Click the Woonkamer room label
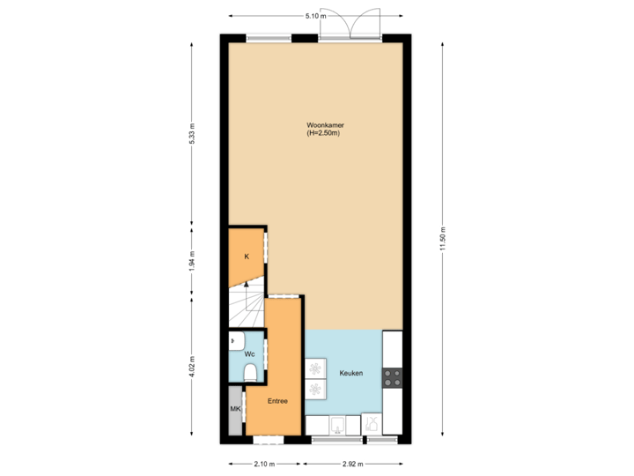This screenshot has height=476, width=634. pos(320,125)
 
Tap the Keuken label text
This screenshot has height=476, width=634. pos(351,374)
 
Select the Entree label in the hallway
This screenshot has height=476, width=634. pos(277,401)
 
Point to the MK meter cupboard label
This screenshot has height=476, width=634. pos(235,410)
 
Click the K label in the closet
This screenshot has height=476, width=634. pos(247,257)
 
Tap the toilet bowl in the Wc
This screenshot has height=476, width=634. pos(250,371)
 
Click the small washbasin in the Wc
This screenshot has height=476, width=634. pos(234,339)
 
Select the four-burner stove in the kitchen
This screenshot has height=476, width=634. pos(393,378)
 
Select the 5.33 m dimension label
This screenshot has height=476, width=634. pos(192,132)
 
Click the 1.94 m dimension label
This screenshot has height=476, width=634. pos(192,261)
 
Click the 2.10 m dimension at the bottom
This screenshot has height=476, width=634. pos(263,463)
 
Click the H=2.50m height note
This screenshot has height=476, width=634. pos(323,133)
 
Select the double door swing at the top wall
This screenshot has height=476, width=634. pos(350,24)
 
